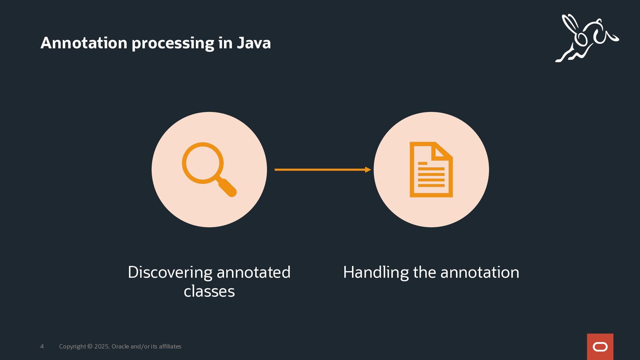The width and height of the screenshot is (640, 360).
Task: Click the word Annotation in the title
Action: pyautogui.click(x=84, y=43)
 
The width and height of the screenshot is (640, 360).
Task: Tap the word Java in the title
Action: pyautogui.click(x=254, y=43)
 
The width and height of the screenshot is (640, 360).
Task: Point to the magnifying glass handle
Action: pyautogui.click(x=227, y=187)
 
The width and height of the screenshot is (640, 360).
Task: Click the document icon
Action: pyautogui.click(x=431, y=170)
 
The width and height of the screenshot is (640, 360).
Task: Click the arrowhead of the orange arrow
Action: pyautogui.click(x=368, y=170)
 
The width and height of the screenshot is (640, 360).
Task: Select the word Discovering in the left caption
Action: pyautogui.click(x=170, y=272)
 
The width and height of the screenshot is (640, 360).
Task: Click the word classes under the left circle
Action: pyautogui.click(x=209, y=291)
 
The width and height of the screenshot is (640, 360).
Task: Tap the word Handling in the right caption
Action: pyautogui.click(x=376, y=272)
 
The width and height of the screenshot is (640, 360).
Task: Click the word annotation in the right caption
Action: pyautogui.click(x=480, y=272)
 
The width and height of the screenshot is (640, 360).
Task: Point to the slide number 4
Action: pyautogui.click(x=42, y=347)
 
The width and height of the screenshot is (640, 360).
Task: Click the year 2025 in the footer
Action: pyautogui.click(x=101, y=347)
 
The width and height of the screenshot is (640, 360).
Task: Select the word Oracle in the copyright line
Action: pyautogui.click(x=120, y=347)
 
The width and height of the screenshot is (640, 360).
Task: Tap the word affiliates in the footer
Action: pyautogui.click(x=170, y=347)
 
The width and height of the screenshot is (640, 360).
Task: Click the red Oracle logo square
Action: pyautogui.click(x=600, y=347)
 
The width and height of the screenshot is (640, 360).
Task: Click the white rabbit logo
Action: pyautogui.click(x=587, y=38)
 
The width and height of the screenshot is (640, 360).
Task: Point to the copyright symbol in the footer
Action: pyautogui.click(x=90, y=347)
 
